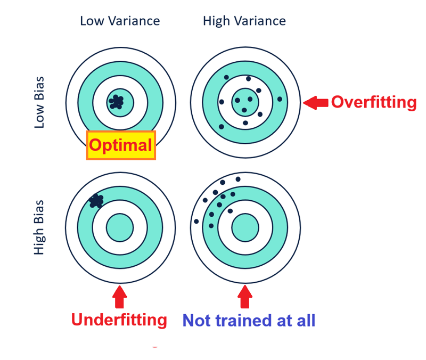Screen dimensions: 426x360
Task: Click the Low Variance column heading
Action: (120, 21)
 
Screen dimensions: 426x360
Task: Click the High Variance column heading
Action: (244, 21)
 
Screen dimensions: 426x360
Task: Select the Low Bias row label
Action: (39, 102)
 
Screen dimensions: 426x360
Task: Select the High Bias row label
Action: (39, 227)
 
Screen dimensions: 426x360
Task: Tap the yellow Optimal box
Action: (121, 145)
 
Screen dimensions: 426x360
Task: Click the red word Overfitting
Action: (374, 102)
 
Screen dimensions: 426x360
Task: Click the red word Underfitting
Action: (119, 320)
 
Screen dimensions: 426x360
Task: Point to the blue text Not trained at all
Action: (249, 321)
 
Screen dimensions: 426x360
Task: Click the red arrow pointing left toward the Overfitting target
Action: (316, 103)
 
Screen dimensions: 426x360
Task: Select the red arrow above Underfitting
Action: (119, 297)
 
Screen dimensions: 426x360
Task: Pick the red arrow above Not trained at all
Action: (245, 297)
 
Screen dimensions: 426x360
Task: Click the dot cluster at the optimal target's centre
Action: (116, 102)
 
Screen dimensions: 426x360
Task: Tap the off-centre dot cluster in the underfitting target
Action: (96, 201)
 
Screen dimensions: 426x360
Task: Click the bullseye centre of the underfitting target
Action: (120, 227)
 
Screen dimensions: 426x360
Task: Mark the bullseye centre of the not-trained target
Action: (245, 227)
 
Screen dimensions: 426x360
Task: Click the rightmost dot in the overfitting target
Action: (280, 99)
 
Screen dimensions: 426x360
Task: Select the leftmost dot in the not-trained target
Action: (196, 222)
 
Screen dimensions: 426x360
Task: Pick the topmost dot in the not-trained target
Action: (238, 179)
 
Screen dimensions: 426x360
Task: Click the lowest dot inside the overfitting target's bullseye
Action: (244, 110)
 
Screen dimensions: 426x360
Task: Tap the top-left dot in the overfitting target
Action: (226, 77)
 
